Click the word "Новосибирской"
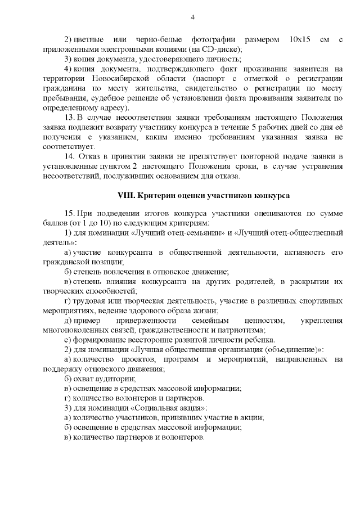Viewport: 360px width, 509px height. (110, 79)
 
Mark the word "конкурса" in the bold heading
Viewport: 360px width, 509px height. (272, 196)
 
